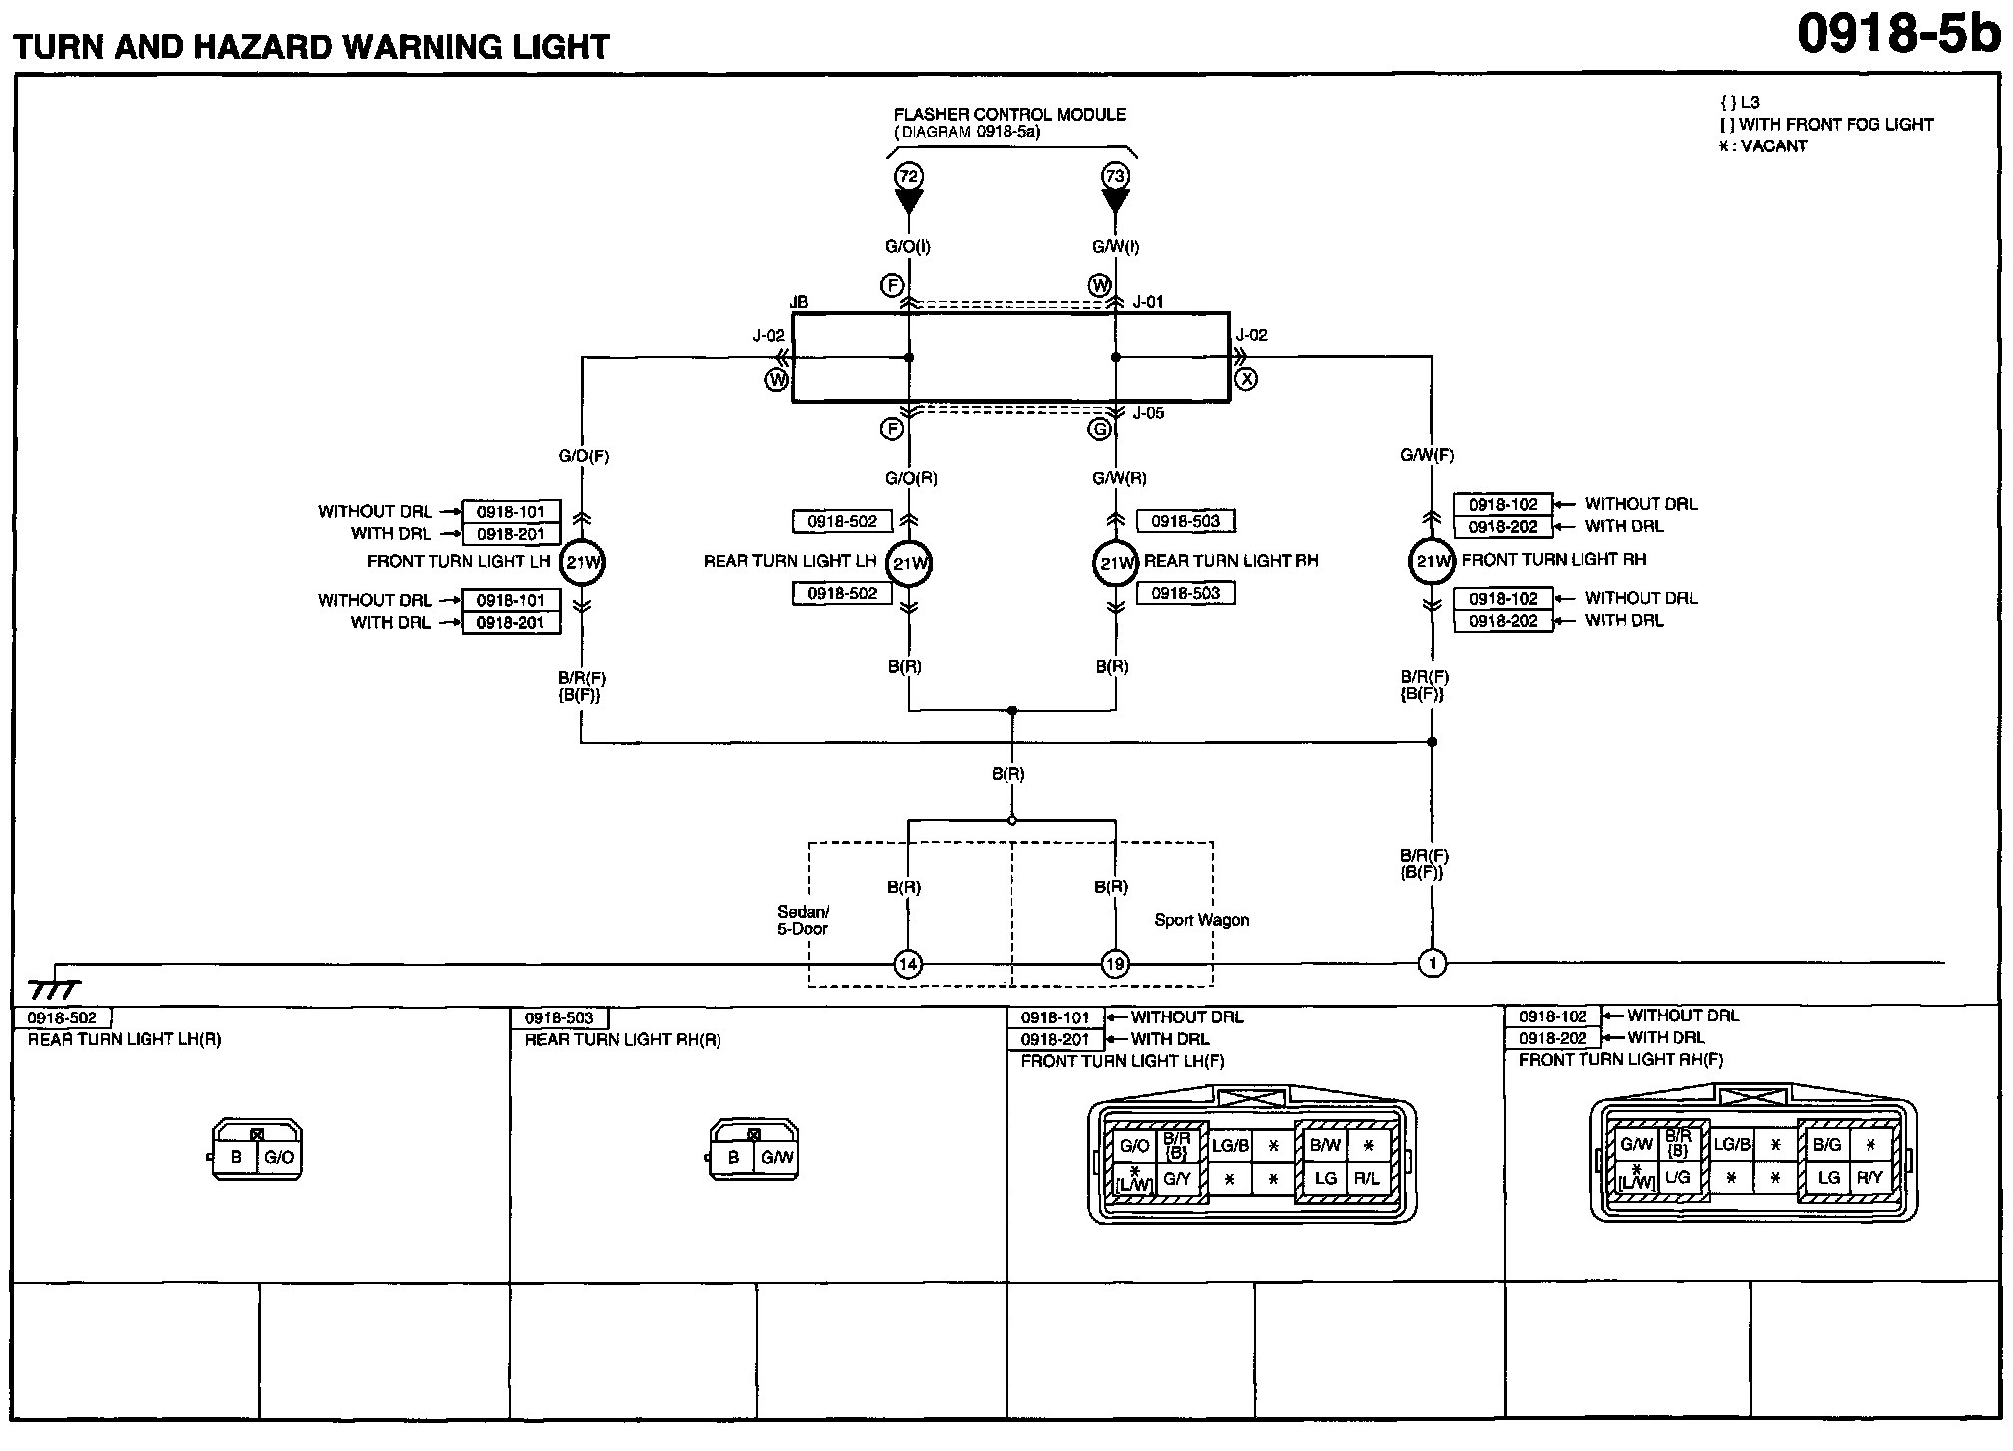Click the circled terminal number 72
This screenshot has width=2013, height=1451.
tap(908, 177)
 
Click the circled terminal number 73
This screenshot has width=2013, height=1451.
tap(1115, 177)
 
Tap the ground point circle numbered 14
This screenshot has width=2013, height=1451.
tap(908, 964)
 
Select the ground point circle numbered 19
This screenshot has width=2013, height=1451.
tap(1115, 964)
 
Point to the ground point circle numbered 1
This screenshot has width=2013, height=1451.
tap(1432, 964)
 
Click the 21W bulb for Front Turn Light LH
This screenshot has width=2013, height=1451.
tap(582, 563)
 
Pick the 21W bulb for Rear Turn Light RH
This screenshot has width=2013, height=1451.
tap(1115, 563)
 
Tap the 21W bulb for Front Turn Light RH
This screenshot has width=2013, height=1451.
tap(1432, 562)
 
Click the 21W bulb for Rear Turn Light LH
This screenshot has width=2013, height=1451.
tap(909, 563)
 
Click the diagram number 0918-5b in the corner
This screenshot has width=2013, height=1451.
tap(1898, 36)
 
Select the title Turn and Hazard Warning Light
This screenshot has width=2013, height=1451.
tap(311, 47)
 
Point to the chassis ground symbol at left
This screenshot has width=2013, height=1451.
tap(55, 987)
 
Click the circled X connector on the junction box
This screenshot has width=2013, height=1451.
tap(1246, 379)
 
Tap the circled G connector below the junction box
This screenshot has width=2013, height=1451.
tap(1099, 430)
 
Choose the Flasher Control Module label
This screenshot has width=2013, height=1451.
tap(1009, 115)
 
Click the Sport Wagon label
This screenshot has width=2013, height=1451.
tap(1201, 920)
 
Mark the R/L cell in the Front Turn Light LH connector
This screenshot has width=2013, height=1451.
tap(1367, 1178)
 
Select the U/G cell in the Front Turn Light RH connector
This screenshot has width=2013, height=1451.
tap(1677, 1178)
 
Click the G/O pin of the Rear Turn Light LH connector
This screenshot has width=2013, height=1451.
tap(279, 1158)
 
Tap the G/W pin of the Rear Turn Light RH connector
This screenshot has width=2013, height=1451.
tap(776, 1158)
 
